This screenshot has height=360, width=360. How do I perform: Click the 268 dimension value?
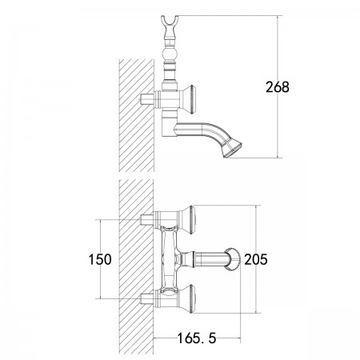(x=278, y=87)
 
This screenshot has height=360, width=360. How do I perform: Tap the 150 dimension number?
(x=100, y=259)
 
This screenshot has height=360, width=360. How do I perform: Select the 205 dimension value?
(x=256, y=259)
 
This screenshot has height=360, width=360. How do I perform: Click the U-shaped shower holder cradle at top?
(x=170, y=22)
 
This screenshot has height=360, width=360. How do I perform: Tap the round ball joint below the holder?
(x=170, y=54)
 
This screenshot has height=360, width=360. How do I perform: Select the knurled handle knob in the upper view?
(x=190, y=100)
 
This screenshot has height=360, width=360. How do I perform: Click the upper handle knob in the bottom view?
(x=190, y=220)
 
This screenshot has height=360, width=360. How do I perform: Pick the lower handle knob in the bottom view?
(x=190, y=298)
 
